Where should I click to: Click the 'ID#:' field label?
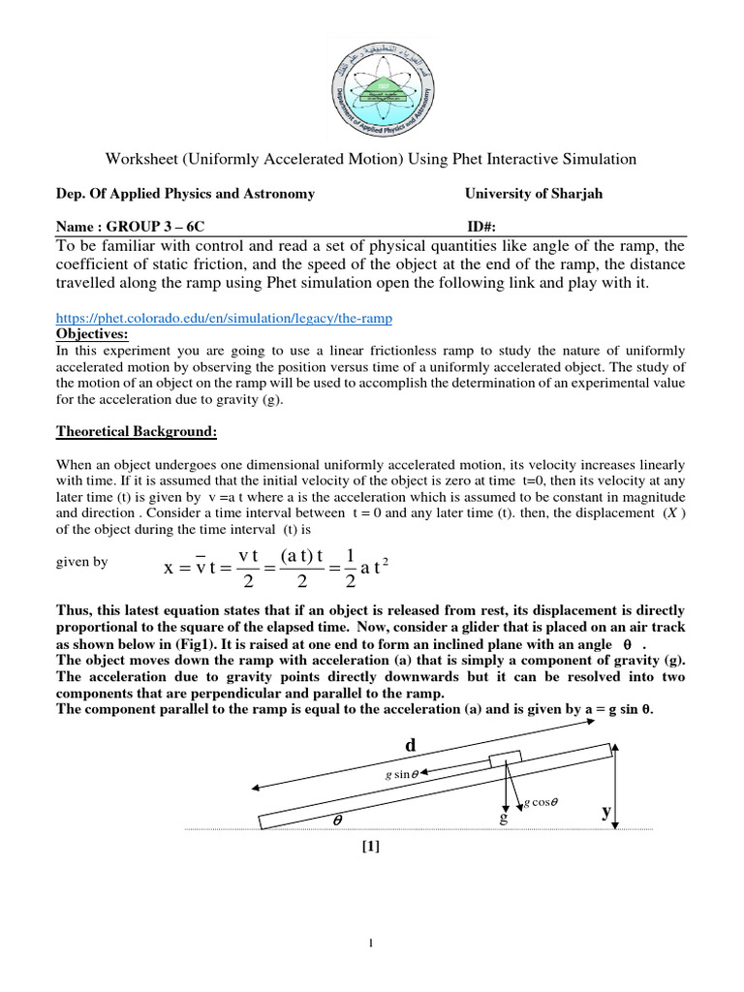(481, 227)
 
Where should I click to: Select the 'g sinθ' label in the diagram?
(402, 774)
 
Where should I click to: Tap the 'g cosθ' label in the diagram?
(542, 802)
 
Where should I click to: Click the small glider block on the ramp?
(505, 759)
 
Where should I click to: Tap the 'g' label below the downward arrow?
(504, 820)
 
